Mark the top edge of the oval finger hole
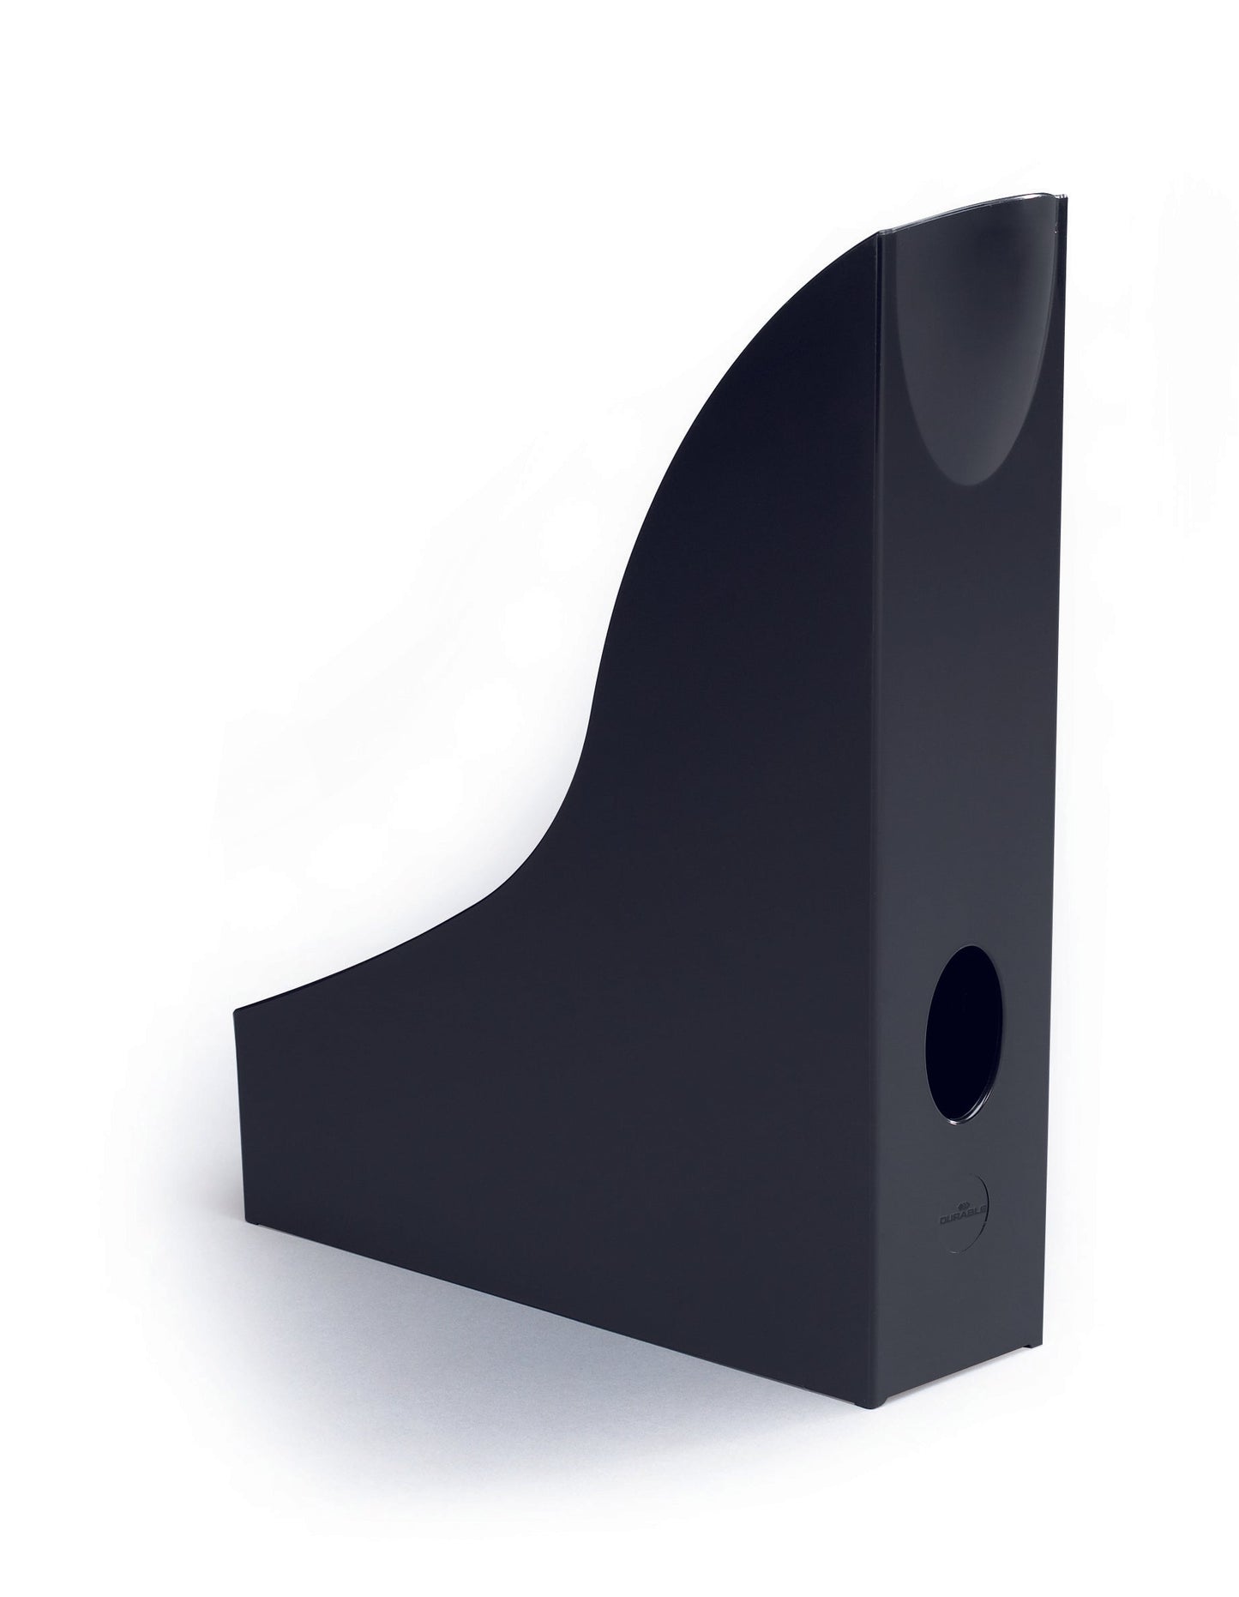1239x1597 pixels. pos(965,947)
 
